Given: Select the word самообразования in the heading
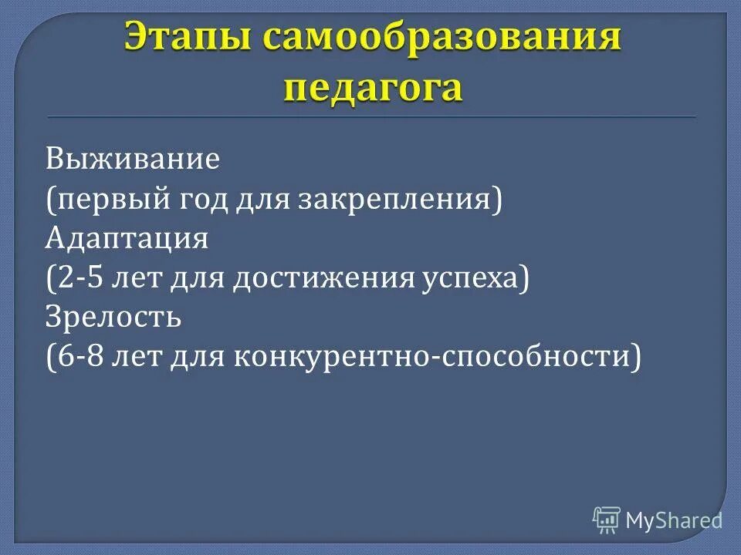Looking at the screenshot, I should coord(440,39).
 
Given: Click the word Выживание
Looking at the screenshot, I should coord(133,160).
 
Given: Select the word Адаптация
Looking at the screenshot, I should coord(127,238).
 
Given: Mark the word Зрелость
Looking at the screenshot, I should coord(113,317).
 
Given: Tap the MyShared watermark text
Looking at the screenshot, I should coord(674,520).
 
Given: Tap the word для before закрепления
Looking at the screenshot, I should coord(262,199).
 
